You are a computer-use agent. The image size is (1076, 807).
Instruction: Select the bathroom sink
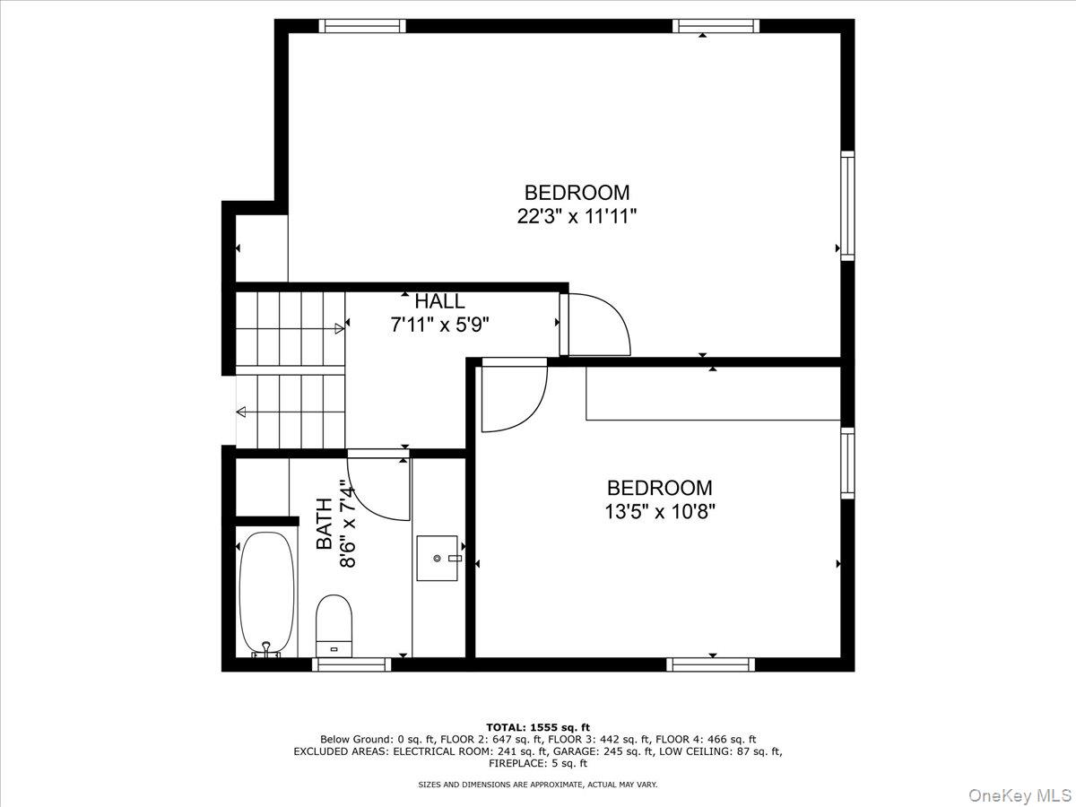coord(438,558)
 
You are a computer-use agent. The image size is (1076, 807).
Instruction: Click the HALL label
coord(439,302)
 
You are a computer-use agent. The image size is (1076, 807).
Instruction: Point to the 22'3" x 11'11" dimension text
coord(577,216)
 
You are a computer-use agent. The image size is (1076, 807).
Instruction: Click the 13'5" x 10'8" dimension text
coord(659,511)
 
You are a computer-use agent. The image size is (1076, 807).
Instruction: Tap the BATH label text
coord(324,525)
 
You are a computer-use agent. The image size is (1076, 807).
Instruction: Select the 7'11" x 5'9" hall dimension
coord(439,325)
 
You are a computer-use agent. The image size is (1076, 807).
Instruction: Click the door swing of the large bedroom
coord(596,323)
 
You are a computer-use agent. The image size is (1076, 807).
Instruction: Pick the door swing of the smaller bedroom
coord(513,395)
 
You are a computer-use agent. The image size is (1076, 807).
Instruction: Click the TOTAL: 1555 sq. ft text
coord(538,726)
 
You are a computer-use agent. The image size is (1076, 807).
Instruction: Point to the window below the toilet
coord(351,664)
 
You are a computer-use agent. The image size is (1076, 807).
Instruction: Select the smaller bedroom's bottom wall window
coord(710,664)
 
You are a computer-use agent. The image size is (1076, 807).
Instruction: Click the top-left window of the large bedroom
coord(363,26)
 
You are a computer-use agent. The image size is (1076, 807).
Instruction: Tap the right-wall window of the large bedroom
coord(847,205)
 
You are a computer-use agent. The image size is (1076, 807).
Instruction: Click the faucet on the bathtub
coord(265,647)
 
